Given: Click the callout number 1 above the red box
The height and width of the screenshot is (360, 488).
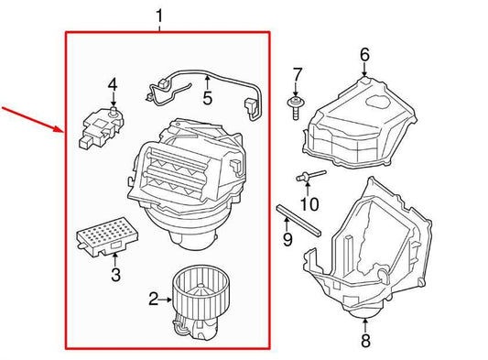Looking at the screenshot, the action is coord(159,16).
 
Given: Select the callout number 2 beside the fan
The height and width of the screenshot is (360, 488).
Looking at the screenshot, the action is coord(154,299).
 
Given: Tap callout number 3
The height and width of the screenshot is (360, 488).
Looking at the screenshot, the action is coord(115,275).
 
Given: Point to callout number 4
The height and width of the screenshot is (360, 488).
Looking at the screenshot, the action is coord(113,84).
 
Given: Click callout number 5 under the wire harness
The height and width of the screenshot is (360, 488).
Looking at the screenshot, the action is coord(207,98).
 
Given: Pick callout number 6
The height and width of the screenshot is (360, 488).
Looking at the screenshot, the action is coord(364,55).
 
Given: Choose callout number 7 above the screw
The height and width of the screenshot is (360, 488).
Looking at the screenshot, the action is coord(298,75).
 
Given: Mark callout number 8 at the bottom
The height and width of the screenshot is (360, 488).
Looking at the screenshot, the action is coord(365,341).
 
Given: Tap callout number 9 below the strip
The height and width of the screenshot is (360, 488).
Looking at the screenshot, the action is coord(287,239).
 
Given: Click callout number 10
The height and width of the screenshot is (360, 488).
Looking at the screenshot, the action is coord(309,204).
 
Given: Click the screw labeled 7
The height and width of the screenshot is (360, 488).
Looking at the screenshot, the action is coord(296,108).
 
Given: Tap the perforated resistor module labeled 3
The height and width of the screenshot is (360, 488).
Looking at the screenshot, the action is coord(107,236).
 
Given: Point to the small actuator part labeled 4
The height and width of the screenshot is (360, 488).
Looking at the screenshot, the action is coord(101,127).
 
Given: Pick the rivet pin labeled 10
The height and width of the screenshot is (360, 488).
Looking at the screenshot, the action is coord(310,175).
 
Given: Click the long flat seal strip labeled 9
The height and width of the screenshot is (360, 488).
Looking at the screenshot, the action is coord(298,221).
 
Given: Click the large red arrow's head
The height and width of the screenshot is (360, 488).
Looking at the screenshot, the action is coord(60,129).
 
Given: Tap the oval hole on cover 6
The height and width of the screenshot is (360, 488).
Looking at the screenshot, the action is coord(378,101).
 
